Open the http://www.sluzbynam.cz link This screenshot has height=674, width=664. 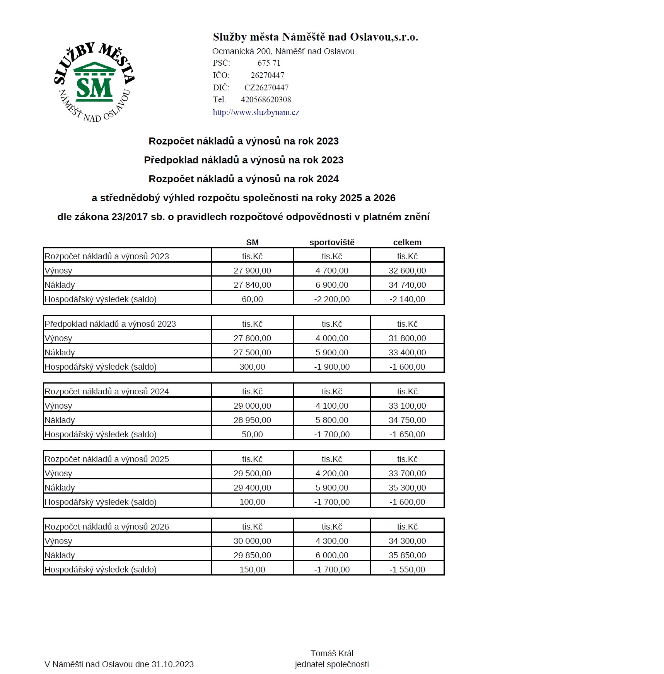tap(256, 112)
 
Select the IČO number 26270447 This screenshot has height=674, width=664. tap(267, 75)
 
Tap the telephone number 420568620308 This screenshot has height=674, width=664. tap(266, 100)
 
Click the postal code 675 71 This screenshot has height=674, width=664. tap(269, 63)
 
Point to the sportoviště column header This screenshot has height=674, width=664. tap(332, 243)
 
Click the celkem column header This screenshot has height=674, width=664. tap(407, 243)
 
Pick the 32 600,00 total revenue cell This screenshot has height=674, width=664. tap(407, 271)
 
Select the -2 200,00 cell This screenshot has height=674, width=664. tap(332, 299)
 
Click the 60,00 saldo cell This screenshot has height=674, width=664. tap(252, 299)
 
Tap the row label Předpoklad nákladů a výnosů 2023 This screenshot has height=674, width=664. tap(110, 324)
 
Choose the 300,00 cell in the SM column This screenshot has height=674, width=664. tap(252, 367)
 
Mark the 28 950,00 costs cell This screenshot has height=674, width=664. tap(252, 420)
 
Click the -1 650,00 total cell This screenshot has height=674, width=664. tap(407, 435)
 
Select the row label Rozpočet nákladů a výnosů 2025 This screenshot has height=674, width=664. tap(107, 459)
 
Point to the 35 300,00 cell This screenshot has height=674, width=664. tap(407, 488)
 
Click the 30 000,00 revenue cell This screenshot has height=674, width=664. tap(252, 541)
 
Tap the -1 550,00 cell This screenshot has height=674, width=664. tap(407, 570)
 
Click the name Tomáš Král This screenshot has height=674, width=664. tap(332, 654)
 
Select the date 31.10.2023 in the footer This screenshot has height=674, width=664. tap(172, 664)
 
